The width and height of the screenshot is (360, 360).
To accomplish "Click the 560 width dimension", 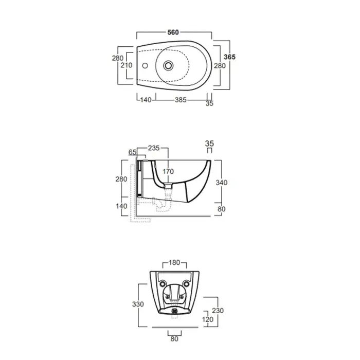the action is click(173, 32).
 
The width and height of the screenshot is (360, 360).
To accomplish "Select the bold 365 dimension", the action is click(229, 57).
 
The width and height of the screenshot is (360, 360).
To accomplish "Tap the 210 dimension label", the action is click(127, 65).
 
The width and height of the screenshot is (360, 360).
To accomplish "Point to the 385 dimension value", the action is click(181, 100).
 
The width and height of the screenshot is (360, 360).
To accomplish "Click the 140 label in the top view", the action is click(146, 100).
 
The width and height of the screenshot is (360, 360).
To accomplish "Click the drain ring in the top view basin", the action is click(168, 65).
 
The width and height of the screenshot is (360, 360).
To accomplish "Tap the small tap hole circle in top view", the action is click(145, 66).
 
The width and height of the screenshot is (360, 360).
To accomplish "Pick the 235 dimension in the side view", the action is click(154, 148).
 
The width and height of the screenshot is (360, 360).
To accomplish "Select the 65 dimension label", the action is click(133, 152).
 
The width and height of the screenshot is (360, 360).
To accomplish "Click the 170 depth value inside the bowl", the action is click(168, 171).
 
